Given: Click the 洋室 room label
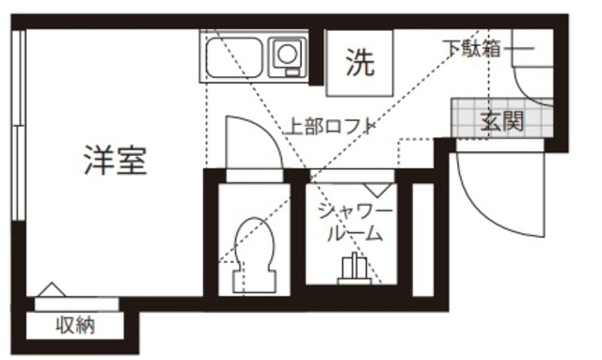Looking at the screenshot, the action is (115, 161).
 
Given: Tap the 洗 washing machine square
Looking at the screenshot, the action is (357, 63).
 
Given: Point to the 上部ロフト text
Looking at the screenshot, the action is (330, 125).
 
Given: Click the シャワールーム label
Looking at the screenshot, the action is (354, 222).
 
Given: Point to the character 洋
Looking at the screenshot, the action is (97, 161).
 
